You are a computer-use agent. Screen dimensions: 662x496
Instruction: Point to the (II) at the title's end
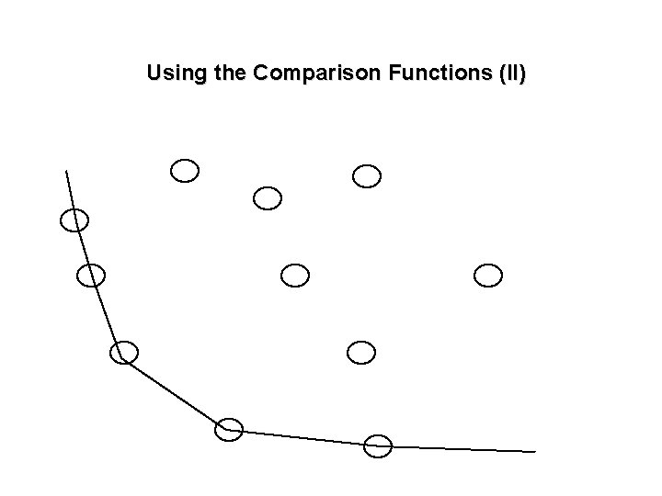[509, 73]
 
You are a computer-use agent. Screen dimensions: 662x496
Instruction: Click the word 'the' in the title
[228, 73]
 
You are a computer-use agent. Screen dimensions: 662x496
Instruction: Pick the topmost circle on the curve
[74, 220]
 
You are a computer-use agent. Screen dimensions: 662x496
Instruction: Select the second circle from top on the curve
[91, 275]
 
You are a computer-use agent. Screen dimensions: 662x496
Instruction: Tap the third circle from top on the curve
[123, 352]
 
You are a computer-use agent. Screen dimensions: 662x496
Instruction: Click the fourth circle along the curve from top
[229, 429]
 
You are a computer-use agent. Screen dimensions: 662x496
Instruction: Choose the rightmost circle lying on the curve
[378, 446]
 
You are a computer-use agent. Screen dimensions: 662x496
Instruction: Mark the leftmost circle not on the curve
[185, 170]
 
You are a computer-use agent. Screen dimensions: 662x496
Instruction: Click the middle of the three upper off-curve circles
[268, 197]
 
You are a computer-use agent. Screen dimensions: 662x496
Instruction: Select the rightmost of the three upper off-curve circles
[367, 175]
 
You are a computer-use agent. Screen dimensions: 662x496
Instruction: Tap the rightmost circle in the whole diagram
[488, 275]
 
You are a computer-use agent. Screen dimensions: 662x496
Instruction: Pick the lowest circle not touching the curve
[362, 352]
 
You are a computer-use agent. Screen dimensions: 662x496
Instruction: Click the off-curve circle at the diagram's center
[295, 275]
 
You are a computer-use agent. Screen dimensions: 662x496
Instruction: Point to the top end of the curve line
[66, 171]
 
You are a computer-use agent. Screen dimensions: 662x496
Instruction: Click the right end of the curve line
[534, 451]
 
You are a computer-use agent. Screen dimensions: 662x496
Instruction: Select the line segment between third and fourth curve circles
[176, 391]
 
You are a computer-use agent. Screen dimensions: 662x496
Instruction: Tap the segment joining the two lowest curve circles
[303, 438]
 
